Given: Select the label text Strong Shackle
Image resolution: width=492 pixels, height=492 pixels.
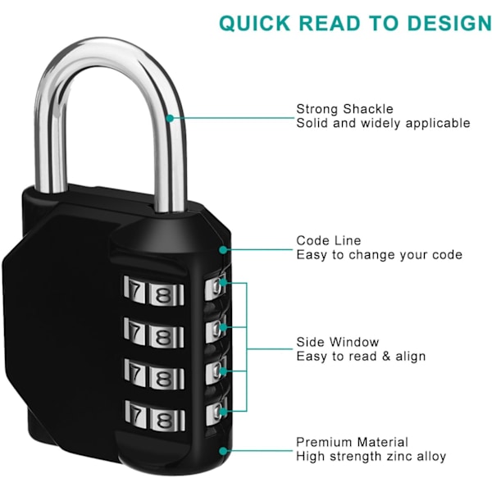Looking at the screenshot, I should click(344, 109).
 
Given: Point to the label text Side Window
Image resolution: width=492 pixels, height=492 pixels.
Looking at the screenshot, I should click(338, 342).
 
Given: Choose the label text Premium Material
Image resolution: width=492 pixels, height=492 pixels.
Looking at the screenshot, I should click(352, 442).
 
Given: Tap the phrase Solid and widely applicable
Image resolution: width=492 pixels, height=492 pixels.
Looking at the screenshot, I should click(383, 123).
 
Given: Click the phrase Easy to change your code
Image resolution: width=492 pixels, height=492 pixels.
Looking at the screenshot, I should click(379, 255).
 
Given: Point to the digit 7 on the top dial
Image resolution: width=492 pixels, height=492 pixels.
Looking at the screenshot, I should click(137, 291).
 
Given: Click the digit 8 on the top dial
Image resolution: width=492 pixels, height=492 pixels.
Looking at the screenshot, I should click(164, 292).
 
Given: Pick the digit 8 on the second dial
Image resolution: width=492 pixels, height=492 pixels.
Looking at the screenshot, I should click(164, 335).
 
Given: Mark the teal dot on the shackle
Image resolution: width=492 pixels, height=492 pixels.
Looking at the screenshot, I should click(170, 116).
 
